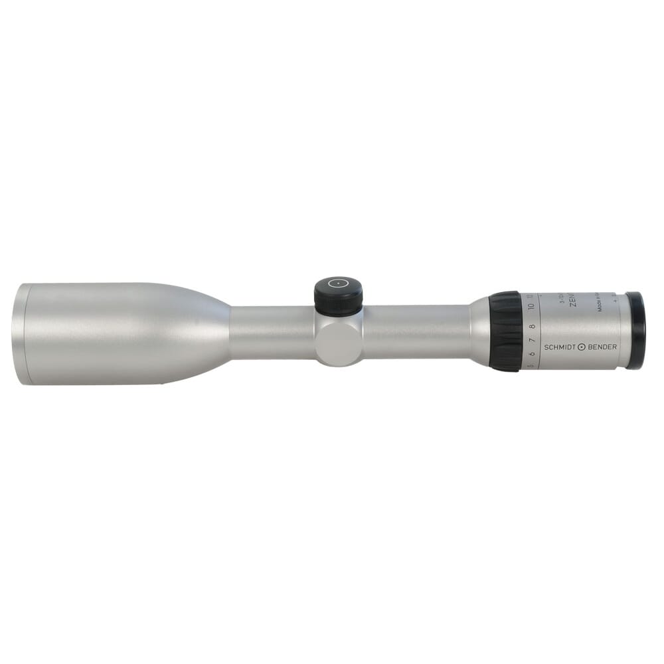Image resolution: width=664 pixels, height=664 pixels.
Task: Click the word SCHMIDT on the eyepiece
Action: click(x=560, y=347)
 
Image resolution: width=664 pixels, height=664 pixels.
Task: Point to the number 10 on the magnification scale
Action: click(x=531, y=307)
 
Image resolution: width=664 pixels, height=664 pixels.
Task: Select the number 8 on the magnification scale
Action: click(x=532, y=327)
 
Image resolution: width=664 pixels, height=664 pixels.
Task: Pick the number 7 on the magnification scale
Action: click(x=532, y=343)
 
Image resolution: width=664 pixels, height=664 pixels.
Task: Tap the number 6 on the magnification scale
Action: click(x=532, y=355)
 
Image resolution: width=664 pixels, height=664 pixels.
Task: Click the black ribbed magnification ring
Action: click(x=506, y=330)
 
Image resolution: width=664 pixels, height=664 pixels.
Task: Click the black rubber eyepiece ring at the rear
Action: click(x=635, y=330)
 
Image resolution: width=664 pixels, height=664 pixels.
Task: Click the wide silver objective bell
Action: click(x=120, y=333)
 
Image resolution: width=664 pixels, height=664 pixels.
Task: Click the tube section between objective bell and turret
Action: click(x=272, y=332)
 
